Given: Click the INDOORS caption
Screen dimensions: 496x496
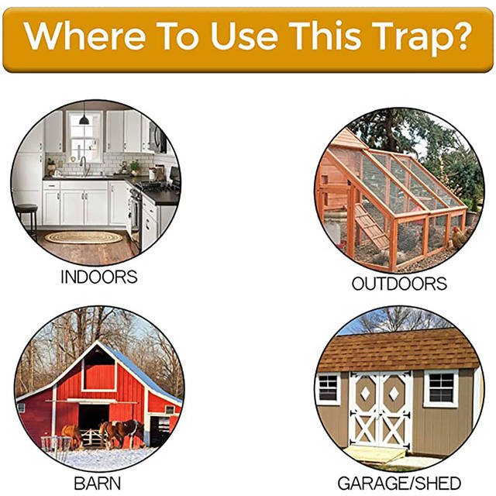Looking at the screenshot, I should [x=98, y=277].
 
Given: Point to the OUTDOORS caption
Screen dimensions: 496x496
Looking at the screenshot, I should [x=399, y=284].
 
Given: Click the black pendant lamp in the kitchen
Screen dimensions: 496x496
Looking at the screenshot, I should [x=84, y=119].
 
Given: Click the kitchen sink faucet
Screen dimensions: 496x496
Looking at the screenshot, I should [x=83, y=165].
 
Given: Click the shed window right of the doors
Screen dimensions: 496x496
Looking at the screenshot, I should [x=440, y=387].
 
